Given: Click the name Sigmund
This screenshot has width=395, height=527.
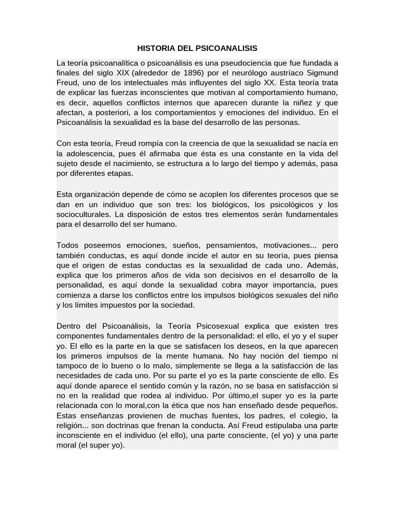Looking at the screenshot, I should (x=319, y=73).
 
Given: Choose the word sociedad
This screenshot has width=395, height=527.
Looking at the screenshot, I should (x=177, y=305).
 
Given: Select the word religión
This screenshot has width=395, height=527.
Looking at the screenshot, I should (x=70, y=426).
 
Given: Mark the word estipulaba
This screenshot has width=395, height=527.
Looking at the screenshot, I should (x=274, y=426).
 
